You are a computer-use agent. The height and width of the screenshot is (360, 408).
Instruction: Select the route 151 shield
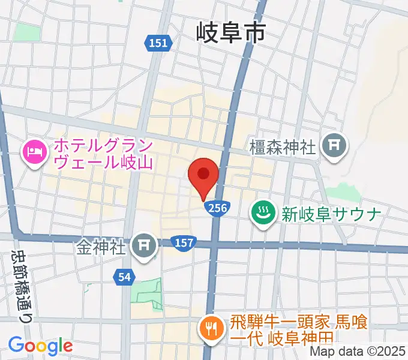point(158,43)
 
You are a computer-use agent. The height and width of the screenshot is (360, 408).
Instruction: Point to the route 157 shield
point(183,242)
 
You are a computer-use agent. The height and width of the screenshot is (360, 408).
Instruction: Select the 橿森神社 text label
point(283,148)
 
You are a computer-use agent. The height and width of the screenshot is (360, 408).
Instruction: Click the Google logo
point(41,346)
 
